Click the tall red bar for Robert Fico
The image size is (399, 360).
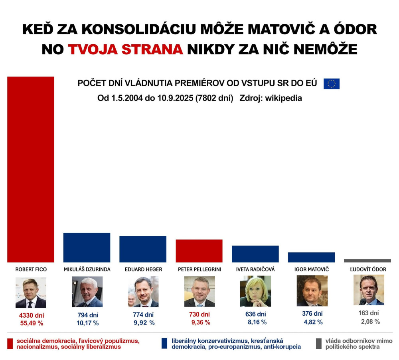[31, 169]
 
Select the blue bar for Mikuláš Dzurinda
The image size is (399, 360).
[87, 247]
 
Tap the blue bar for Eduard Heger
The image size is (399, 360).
[143, 249]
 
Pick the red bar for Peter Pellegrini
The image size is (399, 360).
[199, 251]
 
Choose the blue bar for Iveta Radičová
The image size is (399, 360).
[255, 254]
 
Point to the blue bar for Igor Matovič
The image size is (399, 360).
[311, 257]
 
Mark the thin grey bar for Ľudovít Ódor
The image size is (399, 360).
[367, 261]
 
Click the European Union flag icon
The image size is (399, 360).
[331, 83]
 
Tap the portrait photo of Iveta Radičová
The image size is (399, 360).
[255, 291]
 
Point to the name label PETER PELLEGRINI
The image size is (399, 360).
[199, 269]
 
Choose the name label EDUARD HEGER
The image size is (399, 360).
[143, 269]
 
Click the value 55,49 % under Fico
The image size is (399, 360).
[32, 323]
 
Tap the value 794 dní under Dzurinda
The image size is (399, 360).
[87, 315]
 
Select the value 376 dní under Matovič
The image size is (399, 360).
[312, 314]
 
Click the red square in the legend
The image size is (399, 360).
[10, 344]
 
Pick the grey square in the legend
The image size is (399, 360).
[318, 344]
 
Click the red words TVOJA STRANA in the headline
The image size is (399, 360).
[125, 49]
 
